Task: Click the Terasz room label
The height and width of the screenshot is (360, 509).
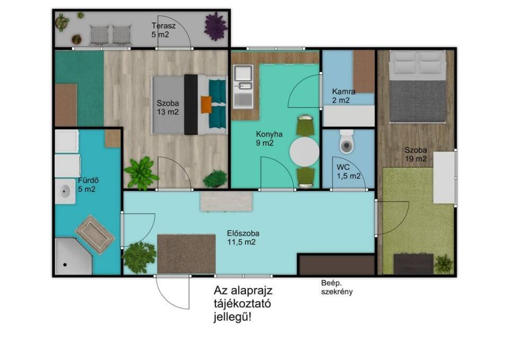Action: tap(164, 26)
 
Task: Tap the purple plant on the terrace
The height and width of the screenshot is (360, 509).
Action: tap(215, 26)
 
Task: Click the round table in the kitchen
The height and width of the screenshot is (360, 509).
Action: tap(304, 151)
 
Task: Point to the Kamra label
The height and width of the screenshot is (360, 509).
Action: tap(343, 91)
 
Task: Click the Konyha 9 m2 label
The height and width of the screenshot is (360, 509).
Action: tap(269, 138)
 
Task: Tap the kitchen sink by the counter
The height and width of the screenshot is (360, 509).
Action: tap(243, 86)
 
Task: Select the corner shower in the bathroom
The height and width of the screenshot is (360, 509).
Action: tap(74, 256)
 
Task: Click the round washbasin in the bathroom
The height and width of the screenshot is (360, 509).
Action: tap(65, 191)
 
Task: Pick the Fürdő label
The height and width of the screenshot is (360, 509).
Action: tap(88, 180)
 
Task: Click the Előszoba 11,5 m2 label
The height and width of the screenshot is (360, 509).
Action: tap(243, 238)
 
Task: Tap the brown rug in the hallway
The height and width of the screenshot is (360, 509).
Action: tap(186, 254)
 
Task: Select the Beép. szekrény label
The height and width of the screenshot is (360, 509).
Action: tap(337, 287)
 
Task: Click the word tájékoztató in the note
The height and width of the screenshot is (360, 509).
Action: tap(242, 304)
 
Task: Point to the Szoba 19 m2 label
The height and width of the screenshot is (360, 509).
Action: tap(416, 155)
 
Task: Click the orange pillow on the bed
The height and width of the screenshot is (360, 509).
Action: tap(206, 104)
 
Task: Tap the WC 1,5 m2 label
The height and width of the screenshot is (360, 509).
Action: tap(348, 172)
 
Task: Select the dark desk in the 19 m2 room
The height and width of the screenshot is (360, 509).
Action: tap(414, 264)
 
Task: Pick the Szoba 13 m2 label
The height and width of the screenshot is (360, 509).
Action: tap(168, 108)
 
